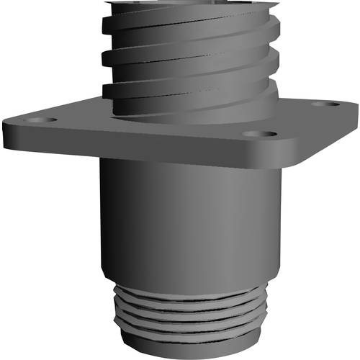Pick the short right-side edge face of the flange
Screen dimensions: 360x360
[324, 137]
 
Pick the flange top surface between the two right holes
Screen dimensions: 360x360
[295, 120]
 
